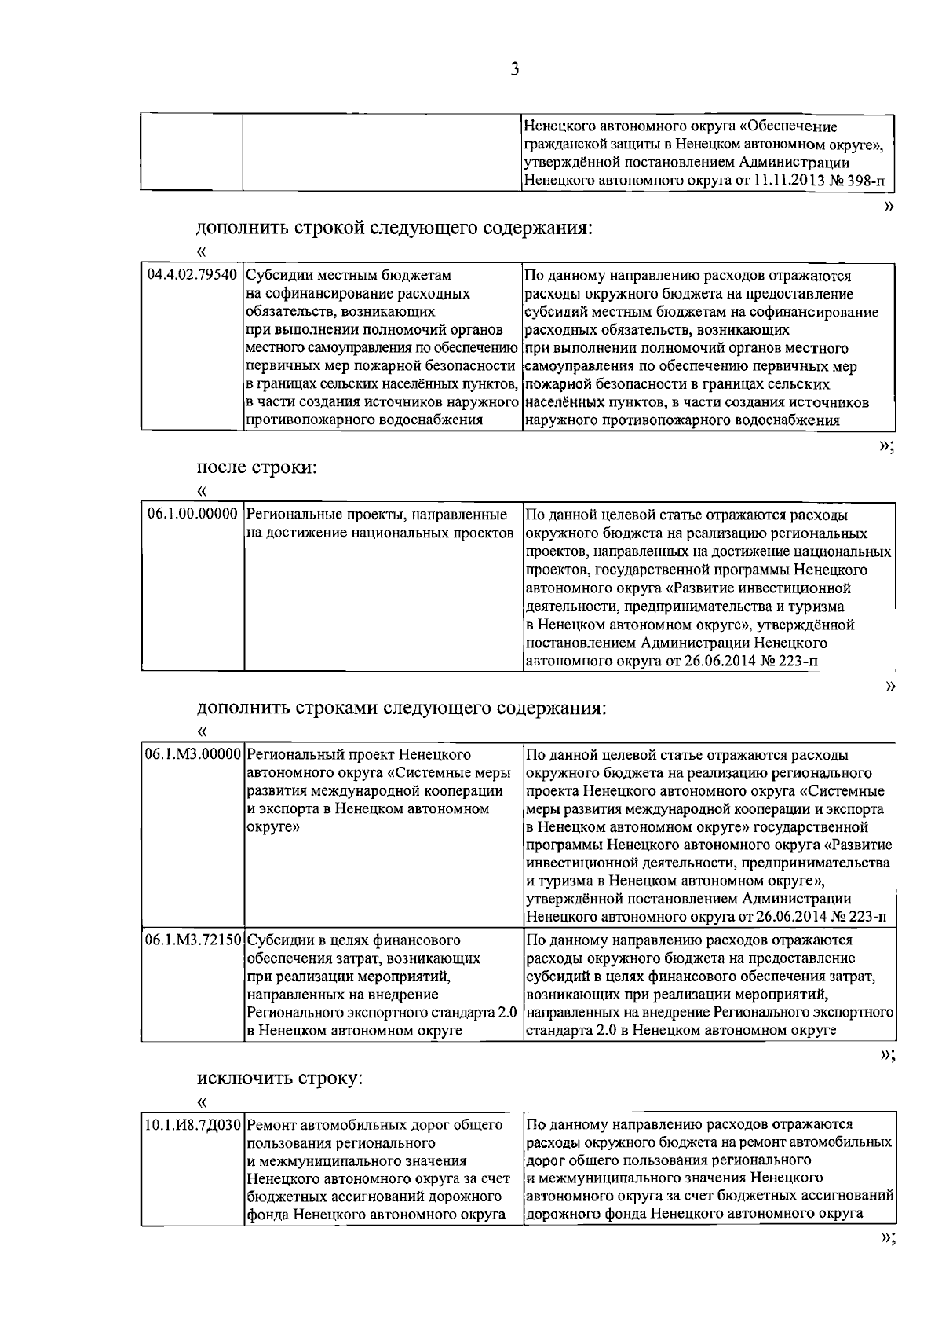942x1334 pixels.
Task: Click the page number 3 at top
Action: [514, 69]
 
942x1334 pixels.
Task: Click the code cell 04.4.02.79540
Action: [192, 276]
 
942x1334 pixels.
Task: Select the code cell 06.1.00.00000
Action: [192, 515]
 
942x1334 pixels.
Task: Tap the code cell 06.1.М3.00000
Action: [192, 754]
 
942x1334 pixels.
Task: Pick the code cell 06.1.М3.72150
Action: [192, 940]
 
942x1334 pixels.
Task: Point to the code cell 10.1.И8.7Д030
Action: [192, 1125]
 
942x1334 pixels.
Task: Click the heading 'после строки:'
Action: [256, 467]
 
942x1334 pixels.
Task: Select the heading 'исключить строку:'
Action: [279, 1078]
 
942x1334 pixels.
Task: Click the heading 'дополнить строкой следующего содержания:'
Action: [393, 229]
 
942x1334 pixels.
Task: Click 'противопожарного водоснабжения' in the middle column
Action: [364, 420]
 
